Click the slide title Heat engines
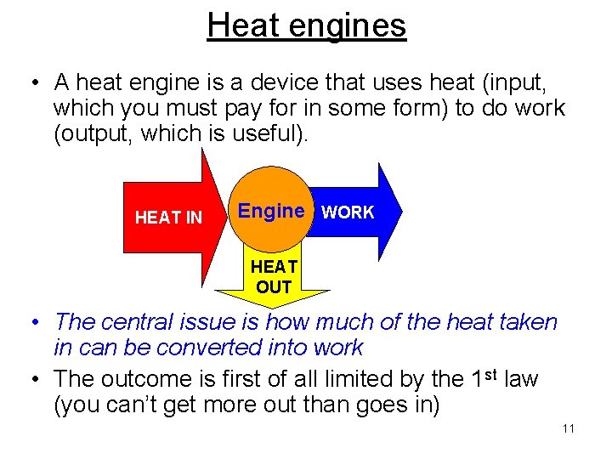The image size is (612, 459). click(x=306, y=25)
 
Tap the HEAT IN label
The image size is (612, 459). click(x=168, y=218)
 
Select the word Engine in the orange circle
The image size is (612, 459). click(x=271, y=211)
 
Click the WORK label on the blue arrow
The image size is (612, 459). click(x=347, y=212)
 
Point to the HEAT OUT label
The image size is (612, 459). click(x=274, y=277)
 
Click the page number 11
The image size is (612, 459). click(x=568, y=428)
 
